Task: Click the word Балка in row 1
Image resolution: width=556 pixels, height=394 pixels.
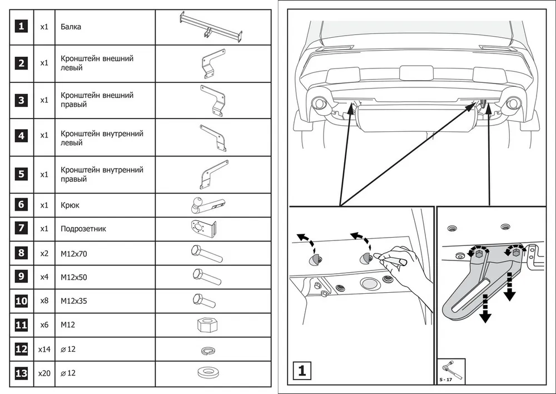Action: (71, 27)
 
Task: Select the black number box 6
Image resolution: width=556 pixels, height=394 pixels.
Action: (21, 205)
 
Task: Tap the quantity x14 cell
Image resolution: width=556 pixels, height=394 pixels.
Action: (44, 349)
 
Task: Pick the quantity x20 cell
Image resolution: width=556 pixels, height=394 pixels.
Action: (44, 373)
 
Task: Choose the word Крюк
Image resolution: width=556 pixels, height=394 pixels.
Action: (70, 205)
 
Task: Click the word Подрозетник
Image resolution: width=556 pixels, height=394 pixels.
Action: (83, 229)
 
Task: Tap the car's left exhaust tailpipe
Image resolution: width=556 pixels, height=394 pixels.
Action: (320, 104)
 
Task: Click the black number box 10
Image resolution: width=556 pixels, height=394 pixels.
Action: (21, 301)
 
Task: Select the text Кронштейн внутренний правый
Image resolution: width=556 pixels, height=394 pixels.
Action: (102, 174)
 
